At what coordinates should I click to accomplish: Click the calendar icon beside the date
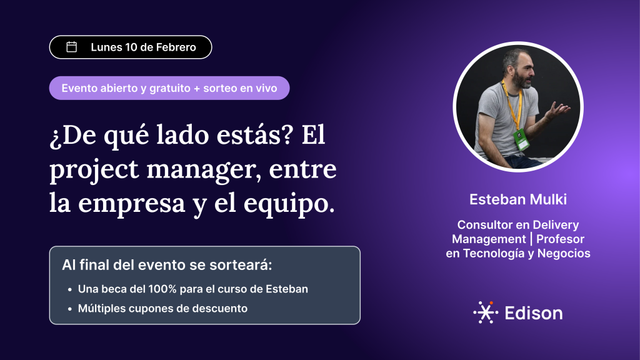point(71,47)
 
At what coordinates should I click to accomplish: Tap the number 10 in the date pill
point(131,47)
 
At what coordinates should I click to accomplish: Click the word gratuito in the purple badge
point(170,88)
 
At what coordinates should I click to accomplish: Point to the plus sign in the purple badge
point(197,89)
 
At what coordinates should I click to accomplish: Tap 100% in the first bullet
point(162,289)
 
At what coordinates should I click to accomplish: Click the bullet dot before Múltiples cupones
point(70,309)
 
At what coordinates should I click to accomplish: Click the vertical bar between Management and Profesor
point(531,239)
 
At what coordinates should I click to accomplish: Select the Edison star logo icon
point(486,312)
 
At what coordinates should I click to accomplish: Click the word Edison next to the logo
point(534,313)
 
